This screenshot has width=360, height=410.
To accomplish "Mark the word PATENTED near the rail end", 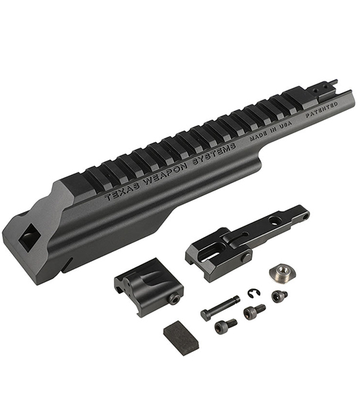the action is point(322,110).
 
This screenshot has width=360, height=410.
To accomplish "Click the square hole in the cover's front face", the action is point(29,236).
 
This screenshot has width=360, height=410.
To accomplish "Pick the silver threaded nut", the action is point(281,272).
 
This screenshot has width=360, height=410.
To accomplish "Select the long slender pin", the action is point(220,307).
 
